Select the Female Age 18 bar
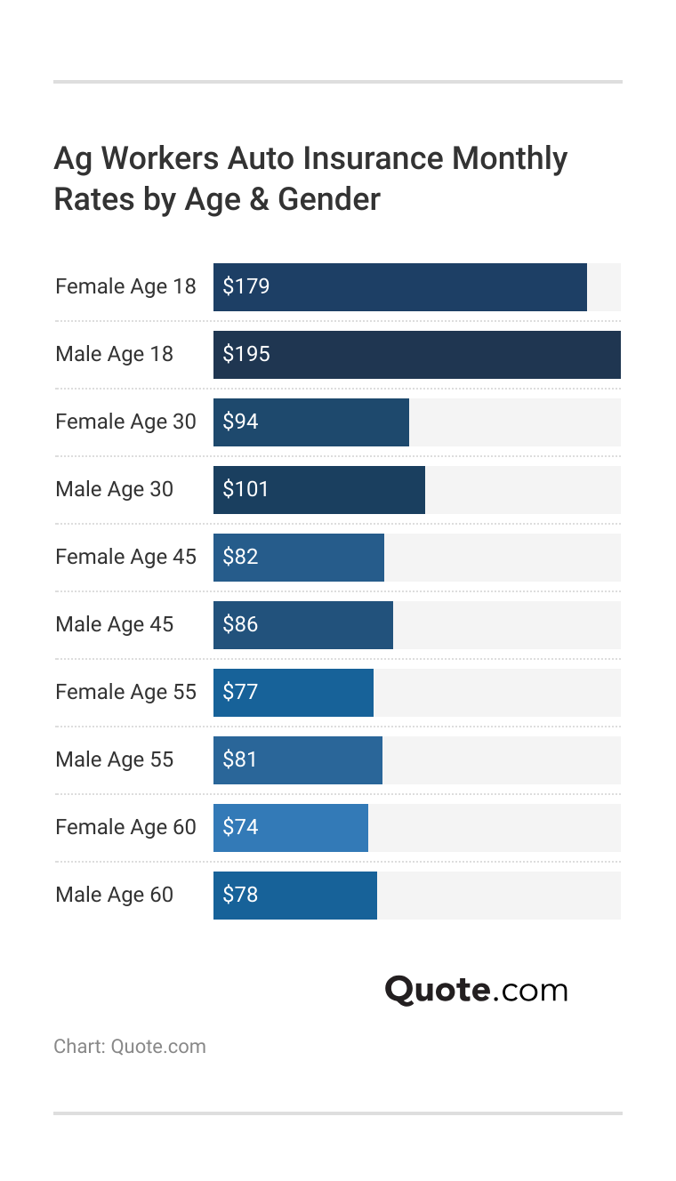tap(400, 287)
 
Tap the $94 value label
tap(240, 422)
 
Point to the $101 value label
tap(245, 489)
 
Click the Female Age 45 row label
tap(125, 557)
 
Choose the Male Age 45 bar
tap(303, 625)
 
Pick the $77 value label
tap(240, 692)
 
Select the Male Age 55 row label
tap(114, 759)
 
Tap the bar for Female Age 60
tap(291, 828)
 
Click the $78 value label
tap(240, 895)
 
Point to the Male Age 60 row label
tap(114, 895)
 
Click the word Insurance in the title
tap(373, 158)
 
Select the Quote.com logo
tap(476, 990)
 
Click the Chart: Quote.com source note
tap(130, 1046)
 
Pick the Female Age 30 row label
tap(125, 422)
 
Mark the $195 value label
tap(246, 354)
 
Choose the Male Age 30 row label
tap(114, 489)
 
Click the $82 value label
tap(240, 557)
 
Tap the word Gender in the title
tap(329, 199)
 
